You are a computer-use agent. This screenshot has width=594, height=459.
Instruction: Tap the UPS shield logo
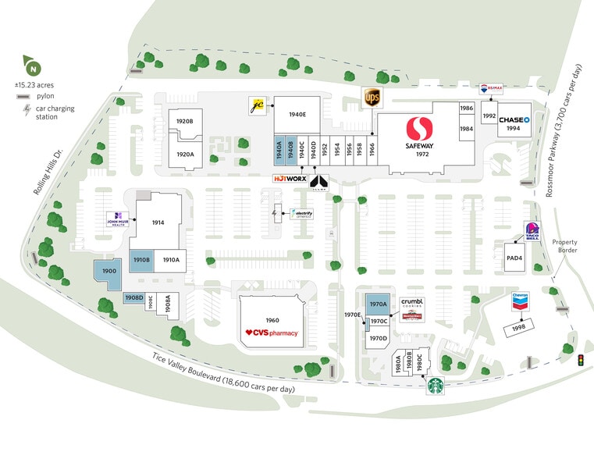tap(372, 98)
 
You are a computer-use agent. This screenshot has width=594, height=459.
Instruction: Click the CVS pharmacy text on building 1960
tap(272, 333)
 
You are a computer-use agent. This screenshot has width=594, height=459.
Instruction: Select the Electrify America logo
tap(301, 213)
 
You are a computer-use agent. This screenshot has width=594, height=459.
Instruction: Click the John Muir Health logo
tap(116, 220)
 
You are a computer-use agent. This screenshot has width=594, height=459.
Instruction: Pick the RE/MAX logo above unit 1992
tap(490, 91)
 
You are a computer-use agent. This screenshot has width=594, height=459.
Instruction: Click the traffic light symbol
tap(580, 361)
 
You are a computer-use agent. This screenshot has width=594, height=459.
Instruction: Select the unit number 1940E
tap(297, 115)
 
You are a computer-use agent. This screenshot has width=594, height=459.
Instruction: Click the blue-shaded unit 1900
tap(108, 271)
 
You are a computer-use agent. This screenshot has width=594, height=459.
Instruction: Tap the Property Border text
tap(564, 246)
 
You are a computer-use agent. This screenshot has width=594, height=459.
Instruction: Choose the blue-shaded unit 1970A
tap(378, 304)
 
